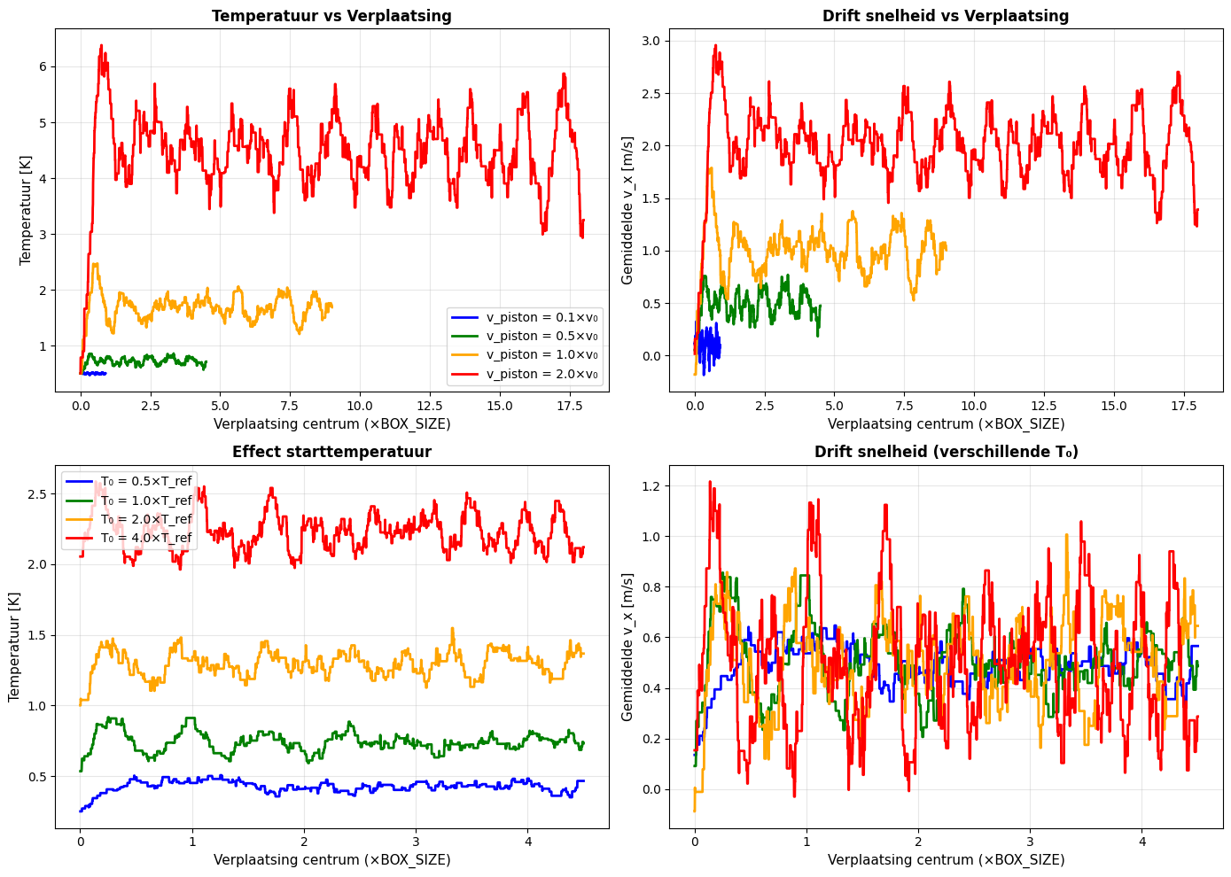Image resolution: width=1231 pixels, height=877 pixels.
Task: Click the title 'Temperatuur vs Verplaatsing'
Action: coord(331,16)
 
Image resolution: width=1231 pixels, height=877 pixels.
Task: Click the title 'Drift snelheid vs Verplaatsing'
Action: coord(946,16)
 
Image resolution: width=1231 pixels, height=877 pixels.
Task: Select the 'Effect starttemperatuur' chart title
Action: coord(331,452)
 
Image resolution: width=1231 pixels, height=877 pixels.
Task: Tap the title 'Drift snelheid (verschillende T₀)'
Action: coord(946,452)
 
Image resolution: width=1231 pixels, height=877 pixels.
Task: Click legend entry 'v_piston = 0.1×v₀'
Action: coord(541,317)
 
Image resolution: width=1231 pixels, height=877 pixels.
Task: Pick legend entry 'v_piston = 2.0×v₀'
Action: coord(541,374)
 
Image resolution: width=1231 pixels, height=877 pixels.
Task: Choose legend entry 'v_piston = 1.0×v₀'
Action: coord(541,354)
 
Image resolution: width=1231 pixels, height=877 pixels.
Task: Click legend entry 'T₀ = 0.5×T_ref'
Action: coord(146,481)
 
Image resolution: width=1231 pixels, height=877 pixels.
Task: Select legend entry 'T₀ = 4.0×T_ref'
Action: coord(146,538)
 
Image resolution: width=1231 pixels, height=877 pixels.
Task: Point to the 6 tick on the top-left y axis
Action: coord(42,67)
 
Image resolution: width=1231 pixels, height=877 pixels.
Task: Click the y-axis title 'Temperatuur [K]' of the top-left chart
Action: coord(26,211)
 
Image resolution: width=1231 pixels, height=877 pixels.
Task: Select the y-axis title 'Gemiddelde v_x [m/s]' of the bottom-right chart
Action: coord(627,647)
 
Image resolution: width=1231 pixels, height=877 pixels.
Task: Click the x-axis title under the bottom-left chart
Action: coord(331,859)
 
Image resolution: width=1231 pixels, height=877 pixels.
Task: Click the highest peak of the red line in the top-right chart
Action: coord(715,45)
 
